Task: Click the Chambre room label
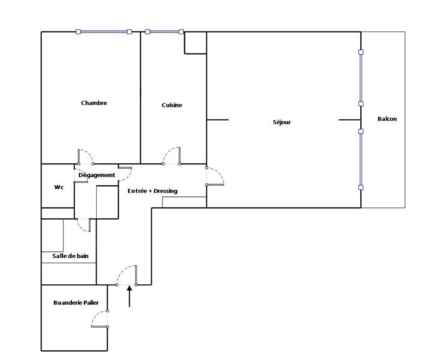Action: [x=94, y=103]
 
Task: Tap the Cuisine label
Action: [x=172, y=105]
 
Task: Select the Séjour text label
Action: [x=282, y=122]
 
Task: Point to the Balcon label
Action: [x=387, y=119]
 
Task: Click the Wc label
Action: [x=59, y=187]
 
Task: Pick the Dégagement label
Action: [x=97, y=175]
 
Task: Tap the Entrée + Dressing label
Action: [x=153, y=191]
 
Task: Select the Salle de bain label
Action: [x=70, y=256]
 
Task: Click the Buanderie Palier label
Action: [x=76, y=302]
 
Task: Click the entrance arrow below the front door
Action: [x=129, y=296]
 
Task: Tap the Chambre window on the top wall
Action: [x=104, y=32]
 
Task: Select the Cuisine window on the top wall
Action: [x=165, y=32]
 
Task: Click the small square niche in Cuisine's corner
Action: [x=195, y=43]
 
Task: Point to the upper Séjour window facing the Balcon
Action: [x=361, y=78]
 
